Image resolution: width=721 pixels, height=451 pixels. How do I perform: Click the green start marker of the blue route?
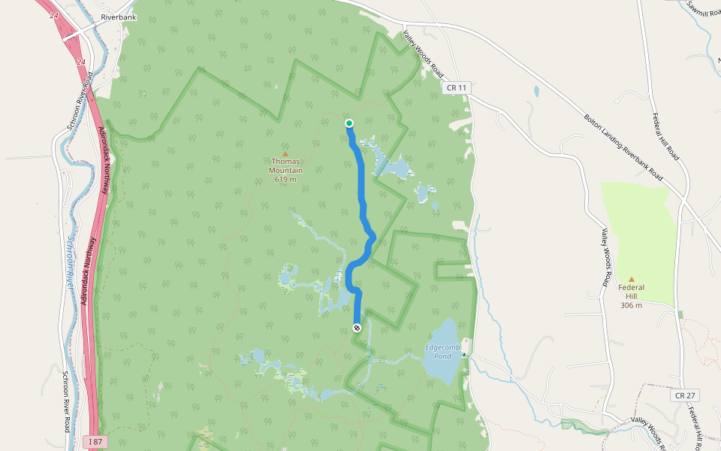(349, 123)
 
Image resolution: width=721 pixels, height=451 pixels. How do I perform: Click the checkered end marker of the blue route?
(357, 328)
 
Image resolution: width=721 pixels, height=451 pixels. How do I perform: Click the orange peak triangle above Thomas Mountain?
(285, 154)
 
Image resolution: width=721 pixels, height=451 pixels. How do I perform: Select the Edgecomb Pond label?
(438, 352)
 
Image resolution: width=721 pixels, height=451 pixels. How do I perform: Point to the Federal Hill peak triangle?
(631, 280)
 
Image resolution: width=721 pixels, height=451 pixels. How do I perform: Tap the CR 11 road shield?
(457, 88)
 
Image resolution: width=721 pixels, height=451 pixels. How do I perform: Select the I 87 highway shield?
(95, 440)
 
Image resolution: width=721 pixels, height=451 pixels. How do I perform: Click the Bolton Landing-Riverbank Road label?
(623, 147)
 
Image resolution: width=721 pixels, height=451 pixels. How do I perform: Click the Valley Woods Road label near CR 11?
(423, 56)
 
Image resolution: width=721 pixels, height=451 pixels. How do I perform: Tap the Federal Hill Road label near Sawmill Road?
(665, 136)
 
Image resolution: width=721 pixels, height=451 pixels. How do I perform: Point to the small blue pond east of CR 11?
(535, 92)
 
